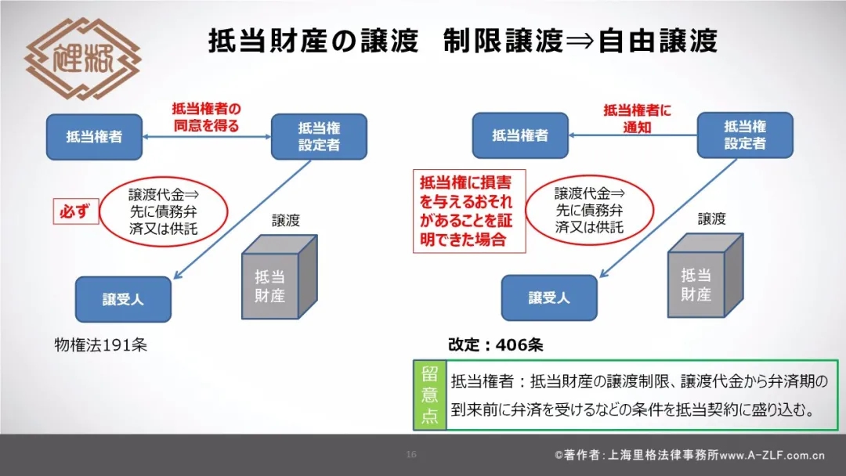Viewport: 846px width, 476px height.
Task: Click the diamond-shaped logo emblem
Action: (x=82, y=58)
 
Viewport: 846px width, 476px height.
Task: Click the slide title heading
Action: (x=463, y=41)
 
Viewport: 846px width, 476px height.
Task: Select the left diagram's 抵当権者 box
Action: (x=95, y=137)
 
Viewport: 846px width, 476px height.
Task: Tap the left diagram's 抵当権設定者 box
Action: (x=319, y=136)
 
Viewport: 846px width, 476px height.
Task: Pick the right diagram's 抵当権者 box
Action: (x=520, y=135)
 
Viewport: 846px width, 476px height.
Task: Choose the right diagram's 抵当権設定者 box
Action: (x=745, y=135)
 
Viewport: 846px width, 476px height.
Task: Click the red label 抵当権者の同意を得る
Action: (x=206, y=117)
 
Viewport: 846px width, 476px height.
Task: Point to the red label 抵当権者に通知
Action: (x=637, y=118)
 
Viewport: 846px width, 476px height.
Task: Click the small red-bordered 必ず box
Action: (x=76, y=211)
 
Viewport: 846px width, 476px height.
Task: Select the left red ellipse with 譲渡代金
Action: (x=164, y=212)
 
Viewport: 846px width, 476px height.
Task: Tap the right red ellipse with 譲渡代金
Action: (x=589, y=211)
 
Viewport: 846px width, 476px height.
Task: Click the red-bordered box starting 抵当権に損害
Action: (x=469, y=211)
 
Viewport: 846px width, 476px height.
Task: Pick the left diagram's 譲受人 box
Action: (x=123, y=299)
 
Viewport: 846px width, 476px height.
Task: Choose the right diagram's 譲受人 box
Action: (x=549, y=297)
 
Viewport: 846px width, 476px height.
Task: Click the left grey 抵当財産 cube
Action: (x=280, y=276)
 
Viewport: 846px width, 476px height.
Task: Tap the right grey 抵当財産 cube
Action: (x=706, y=275)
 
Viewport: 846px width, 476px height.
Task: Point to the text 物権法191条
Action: (x=101, y=345)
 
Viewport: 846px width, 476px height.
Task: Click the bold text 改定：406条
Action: (x=495, y=345)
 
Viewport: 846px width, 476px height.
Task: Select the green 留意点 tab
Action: (x=429, y=395)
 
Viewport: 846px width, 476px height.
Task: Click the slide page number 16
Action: (x=411, y=454)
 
